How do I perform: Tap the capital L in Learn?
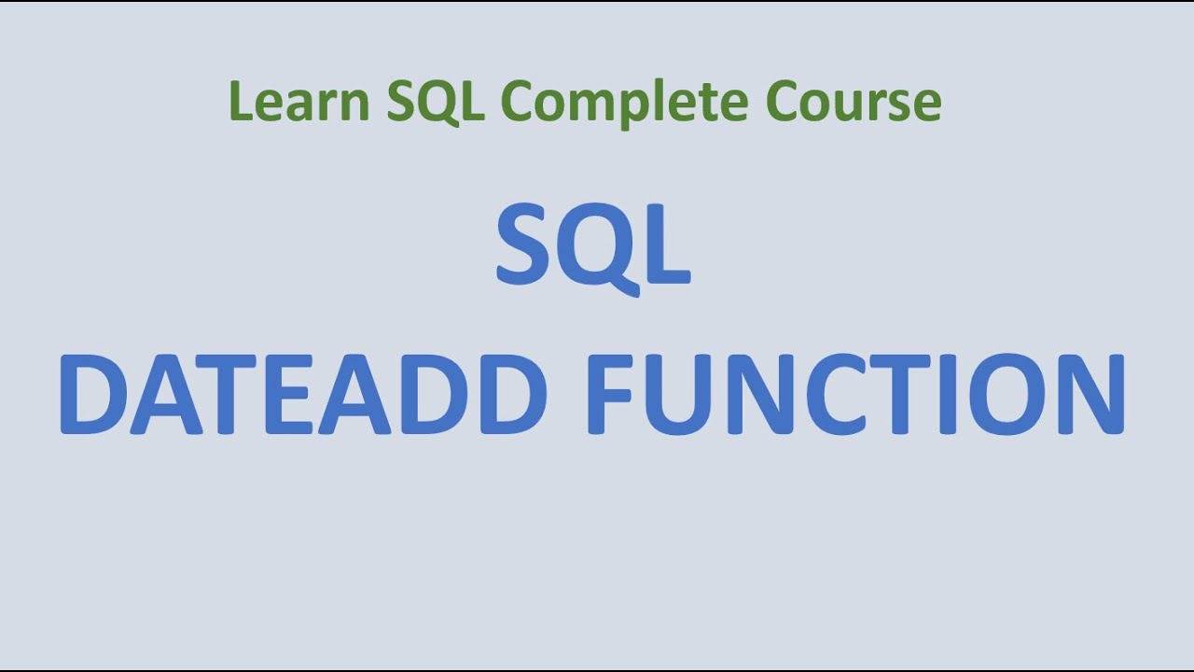[239, 102]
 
